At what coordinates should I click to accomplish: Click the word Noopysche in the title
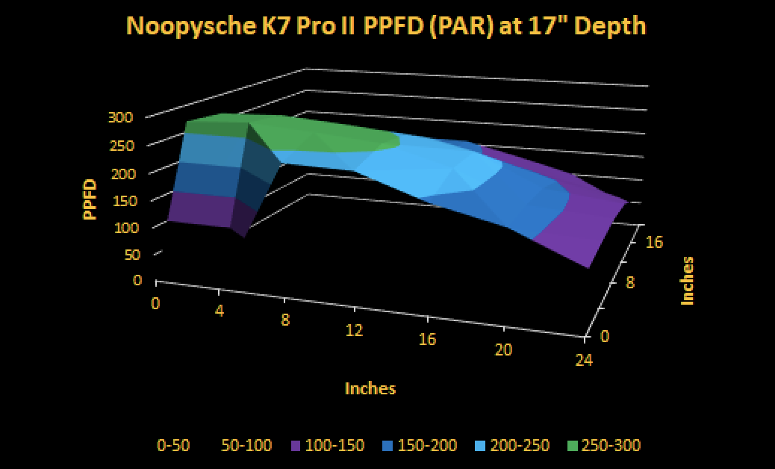(x=190, y=27)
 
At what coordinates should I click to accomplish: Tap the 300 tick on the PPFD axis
(x=121, y=117)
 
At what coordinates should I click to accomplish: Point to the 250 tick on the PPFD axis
(x=121, y=146)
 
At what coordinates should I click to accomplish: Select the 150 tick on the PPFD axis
(x=121, y=201)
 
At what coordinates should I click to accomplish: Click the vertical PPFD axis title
(x=90, y=199)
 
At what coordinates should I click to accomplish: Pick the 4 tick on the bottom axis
(x=220, y=311)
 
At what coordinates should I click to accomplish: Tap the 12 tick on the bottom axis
(x=355, y=329)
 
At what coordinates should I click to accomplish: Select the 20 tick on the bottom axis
(x=503, y=350)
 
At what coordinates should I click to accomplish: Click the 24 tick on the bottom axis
(x=584, y=360)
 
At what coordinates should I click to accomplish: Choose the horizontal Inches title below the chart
(x=370, y=388)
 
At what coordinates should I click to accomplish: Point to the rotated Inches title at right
(x=688, y=281)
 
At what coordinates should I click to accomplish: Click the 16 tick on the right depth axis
(x=655, y=242)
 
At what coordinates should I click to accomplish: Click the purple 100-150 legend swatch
(x=296, y=446)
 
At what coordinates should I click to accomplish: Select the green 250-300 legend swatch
(x=572, y=446)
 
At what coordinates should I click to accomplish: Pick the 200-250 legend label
(x=519, y=445)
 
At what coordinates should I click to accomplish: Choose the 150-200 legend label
(x=427, y=445)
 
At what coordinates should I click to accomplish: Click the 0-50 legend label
(x=173, y=445)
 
